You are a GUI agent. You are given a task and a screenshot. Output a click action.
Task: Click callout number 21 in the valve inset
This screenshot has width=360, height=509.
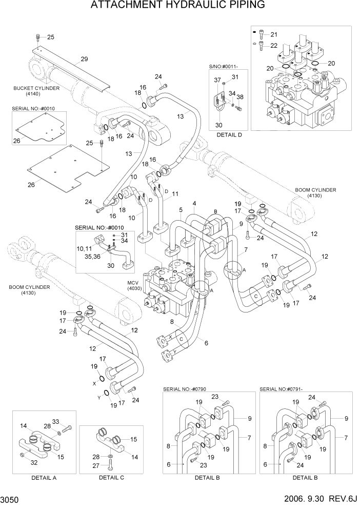click(273, 35)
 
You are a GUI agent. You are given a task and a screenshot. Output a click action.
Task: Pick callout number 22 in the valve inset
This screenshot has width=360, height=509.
click(273, 46)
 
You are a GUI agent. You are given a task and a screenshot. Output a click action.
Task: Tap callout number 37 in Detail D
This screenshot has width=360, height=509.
click(217, 80)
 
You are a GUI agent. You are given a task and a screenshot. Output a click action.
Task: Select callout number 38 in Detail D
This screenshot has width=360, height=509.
click(240, 97)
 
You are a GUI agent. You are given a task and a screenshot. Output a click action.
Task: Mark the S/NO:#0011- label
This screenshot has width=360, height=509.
click(224, 67)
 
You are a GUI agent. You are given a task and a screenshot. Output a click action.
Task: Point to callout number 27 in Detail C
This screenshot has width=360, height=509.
click(102, 466)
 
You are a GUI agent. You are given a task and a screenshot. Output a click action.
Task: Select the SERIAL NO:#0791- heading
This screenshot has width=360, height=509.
click(282, 389)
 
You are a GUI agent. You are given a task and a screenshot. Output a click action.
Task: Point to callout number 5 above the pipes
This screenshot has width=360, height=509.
click(181, 210)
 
